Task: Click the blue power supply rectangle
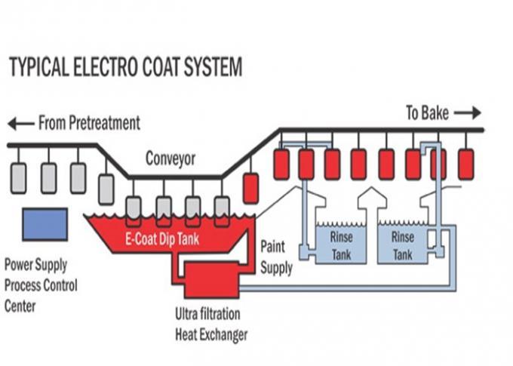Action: pos(45,225)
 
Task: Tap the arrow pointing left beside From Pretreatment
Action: pos(21,124)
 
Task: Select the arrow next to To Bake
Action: pos(468,113)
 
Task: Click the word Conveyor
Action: pos(170,158)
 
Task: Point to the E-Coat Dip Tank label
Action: pos(162,239)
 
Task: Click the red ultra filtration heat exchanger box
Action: pos(212,279)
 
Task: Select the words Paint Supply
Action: pos(276,257)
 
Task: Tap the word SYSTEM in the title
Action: pos(213,66)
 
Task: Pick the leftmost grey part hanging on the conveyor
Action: pos(19,178)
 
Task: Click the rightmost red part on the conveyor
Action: pos(466,165)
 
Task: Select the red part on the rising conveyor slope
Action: pos(251,189)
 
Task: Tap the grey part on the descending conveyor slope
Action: pos(106,189)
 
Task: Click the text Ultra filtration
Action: pos(207,314)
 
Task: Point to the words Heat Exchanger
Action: pos(211,334)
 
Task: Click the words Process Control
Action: pos(41,285)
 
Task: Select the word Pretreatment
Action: pos(105,123)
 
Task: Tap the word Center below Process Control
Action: pos(20,306)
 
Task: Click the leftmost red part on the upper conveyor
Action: pos(281,165)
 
